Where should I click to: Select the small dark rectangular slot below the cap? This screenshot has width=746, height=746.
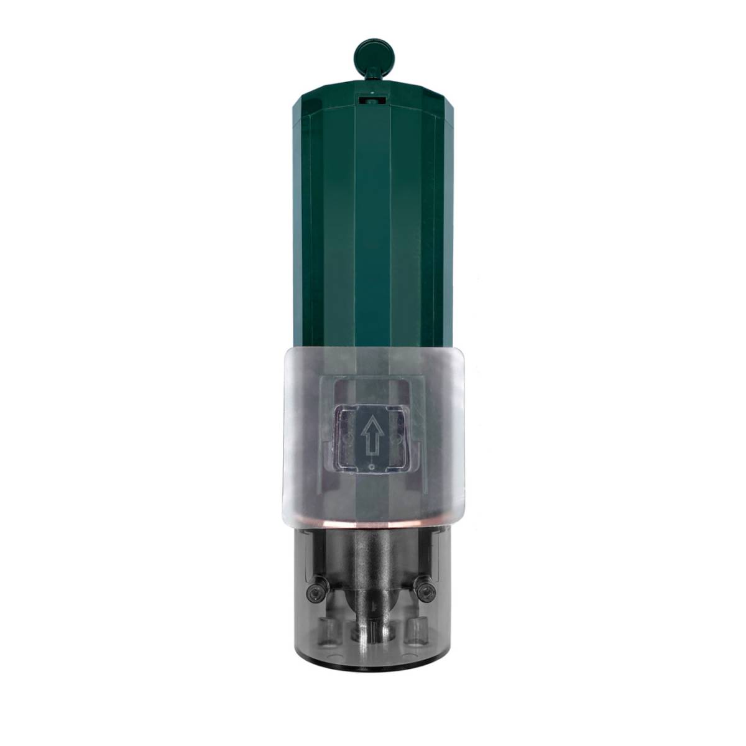click(372, 98)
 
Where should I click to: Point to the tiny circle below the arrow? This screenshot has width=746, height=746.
click(371, 466)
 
